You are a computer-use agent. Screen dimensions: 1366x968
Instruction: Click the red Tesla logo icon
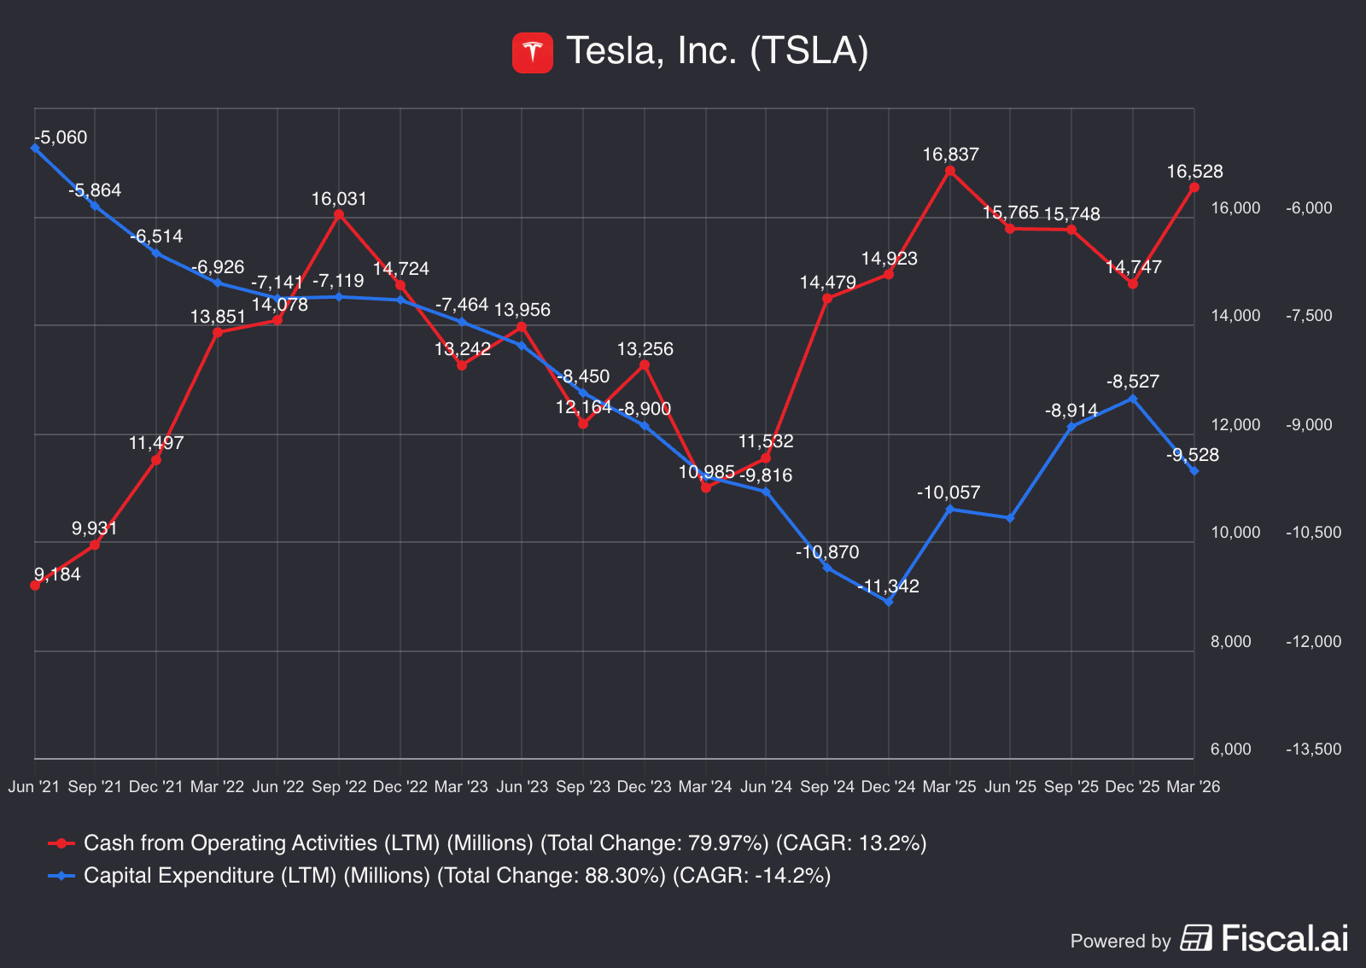coord(533,52)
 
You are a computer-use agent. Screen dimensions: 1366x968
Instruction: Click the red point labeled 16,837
coord(950,172)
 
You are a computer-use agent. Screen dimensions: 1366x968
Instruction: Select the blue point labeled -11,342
coord(889,602)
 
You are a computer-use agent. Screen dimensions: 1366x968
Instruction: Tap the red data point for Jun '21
coord(35,586)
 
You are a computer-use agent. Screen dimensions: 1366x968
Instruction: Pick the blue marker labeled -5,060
coord(35,148)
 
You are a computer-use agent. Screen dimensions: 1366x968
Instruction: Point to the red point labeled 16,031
coord(339,214)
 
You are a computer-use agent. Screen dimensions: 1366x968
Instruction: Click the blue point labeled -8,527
coord(1133,399)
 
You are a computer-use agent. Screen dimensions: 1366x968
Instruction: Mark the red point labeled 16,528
coord(1194,188)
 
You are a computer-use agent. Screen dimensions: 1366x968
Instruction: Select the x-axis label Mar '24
coord(705,787)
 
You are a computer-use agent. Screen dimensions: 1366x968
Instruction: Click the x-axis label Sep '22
coord(339,787)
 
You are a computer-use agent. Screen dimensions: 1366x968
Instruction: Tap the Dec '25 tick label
coord(1132,787)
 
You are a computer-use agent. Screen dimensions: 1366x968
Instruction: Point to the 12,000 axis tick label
coord(1235,425)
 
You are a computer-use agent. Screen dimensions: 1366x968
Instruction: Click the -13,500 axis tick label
coord(1314,749)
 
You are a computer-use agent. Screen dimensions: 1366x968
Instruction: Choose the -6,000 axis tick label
coord(1310,208)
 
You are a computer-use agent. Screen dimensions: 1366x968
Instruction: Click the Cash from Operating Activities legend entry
coord(487,843)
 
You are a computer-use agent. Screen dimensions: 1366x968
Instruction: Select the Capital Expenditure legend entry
coord(439,876)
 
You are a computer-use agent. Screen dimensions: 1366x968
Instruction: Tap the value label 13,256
coord(645,349)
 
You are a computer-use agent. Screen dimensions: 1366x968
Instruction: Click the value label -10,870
coord(827,552)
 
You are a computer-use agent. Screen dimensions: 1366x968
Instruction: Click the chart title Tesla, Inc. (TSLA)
coord(717,50)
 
